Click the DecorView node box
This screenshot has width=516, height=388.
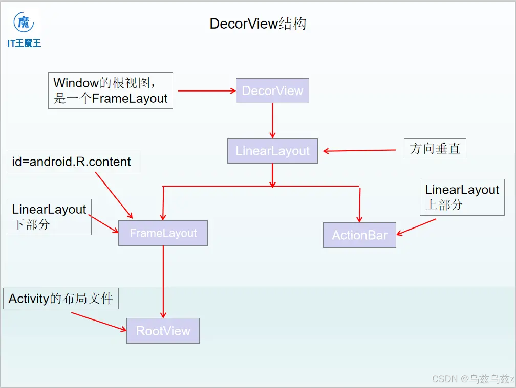tap(272, 90)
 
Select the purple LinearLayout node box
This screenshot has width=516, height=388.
tap(272, 151)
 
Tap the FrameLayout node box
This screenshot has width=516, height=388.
tap(163, 233)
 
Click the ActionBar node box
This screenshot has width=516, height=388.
tap(359, 235)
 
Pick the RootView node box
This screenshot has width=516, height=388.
tap(163, 331)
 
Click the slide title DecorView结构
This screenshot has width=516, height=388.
tap(258, 24)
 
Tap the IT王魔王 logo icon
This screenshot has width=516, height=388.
tap(24, 23)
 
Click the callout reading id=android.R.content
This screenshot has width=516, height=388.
tap(74, 162)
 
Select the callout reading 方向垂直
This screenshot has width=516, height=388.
tap(435, 149)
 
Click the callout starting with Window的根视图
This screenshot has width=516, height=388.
tap(111, 90)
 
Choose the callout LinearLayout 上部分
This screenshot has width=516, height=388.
tap(462, 197)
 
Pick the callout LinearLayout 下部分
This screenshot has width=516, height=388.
tap(49, 217)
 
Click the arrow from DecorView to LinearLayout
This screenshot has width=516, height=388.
tap(272, 121)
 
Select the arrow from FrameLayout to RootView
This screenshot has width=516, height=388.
tap(163, 281)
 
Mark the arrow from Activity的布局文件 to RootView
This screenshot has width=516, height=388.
tap(98, 322)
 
